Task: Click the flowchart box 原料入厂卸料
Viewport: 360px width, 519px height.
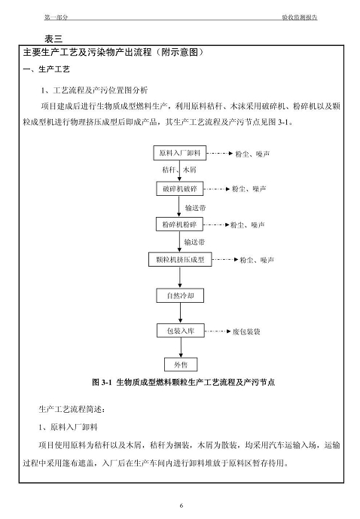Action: coord(180,153)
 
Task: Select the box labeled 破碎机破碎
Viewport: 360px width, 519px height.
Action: coord(180,188)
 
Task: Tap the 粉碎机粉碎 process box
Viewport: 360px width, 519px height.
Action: coord(179,224)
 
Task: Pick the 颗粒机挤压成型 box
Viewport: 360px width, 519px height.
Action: coord(180,259)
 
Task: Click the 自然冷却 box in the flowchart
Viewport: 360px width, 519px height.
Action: coord(180,295)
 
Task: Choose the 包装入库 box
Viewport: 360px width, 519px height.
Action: coord(181,331)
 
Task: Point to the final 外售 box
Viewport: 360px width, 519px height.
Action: coord(181,365)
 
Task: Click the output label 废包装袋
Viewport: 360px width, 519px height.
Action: coord(246,331)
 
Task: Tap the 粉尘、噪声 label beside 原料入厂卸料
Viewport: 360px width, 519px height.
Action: coord(252,154)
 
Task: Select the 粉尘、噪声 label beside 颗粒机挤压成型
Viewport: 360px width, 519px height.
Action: coord(257,260)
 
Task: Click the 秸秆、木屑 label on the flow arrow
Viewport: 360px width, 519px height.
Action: coord(179,169)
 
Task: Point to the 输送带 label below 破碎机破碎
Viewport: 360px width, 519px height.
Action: coord(195,208)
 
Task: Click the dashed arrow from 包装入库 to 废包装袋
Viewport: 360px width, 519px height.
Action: coord(218,331)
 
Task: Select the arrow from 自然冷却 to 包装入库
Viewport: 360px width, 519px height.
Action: coord(180,313)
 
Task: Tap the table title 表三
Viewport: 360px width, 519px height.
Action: coord(53,39)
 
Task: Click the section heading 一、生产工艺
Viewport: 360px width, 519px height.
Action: coord(47,69)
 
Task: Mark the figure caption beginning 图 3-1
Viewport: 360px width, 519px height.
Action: coord(183,383)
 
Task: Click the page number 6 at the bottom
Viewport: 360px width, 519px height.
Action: coord(182,505)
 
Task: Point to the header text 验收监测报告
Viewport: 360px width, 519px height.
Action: coord(300,17)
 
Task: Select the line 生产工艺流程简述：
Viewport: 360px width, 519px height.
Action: coord(72,410)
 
